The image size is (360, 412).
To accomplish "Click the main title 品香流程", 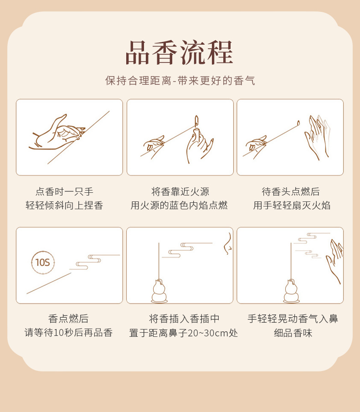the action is point(179,52).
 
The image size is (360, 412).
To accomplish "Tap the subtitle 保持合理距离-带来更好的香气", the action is point(180,80).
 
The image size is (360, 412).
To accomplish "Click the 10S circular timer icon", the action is point(43,263).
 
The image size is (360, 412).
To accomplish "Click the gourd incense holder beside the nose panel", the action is point(159,291).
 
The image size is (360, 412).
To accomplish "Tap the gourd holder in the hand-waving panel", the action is point(291,291).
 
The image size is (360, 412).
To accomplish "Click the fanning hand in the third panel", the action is point(317,137).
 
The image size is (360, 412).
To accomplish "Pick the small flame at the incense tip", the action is point(298,123).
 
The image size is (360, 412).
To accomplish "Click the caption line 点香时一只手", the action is point(64,191).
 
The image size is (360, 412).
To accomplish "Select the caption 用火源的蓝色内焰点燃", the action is point(179,205).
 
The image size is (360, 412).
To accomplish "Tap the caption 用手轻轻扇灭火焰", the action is point(292,205).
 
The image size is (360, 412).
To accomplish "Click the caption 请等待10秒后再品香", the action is point(69,332).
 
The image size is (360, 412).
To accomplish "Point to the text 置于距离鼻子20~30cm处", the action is point(183,333).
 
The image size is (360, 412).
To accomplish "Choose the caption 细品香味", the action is point(293,333).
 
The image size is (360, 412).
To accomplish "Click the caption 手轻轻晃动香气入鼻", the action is point(293,319).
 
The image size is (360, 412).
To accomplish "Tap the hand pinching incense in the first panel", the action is point(57,133).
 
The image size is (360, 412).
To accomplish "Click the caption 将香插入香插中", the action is point(184,319).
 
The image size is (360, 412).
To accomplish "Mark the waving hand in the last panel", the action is point(334,261).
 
